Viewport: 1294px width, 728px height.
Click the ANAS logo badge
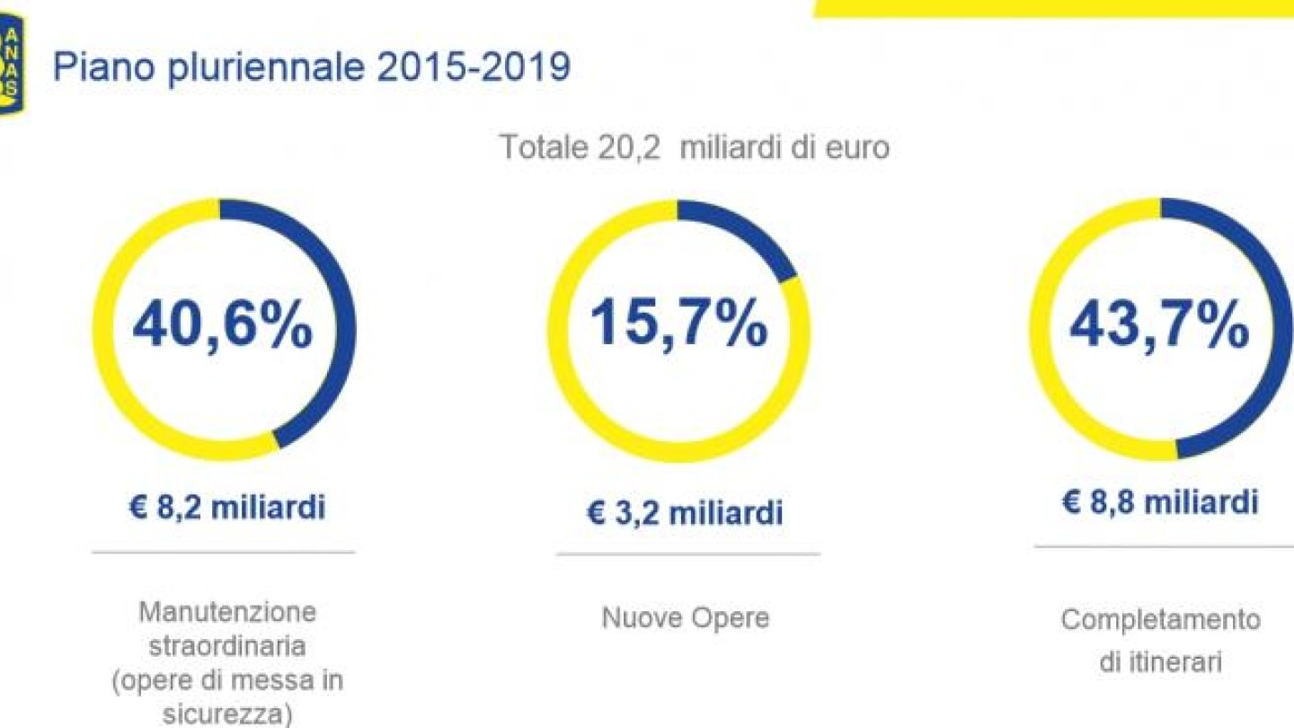tap(12, 64)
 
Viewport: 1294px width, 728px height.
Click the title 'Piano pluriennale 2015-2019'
tap(312, 68)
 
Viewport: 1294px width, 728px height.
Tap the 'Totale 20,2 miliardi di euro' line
tap(694, 146)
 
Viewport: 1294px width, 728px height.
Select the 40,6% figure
tap(222, 327)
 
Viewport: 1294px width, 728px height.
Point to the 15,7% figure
tap(678, 325)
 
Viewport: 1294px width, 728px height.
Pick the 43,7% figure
tap(1159, 325)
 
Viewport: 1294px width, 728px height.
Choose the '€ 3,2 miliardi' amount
tap(685, 513)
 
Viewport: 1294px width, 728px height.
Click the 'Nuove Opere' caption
tap(685, 618)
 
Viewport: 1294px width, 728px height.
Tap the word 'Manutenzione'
tap(227, 613)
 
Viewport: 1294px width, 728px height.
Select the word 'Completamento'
tap(1160, 619)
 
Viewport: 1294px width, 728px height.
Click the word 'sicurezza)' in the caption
tap(227, 714)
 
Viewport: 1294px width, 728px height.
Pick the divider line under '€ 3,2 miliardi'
tap(687, 555)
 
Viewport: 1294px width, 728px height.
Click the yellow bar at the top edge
tap(1051, 7)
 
